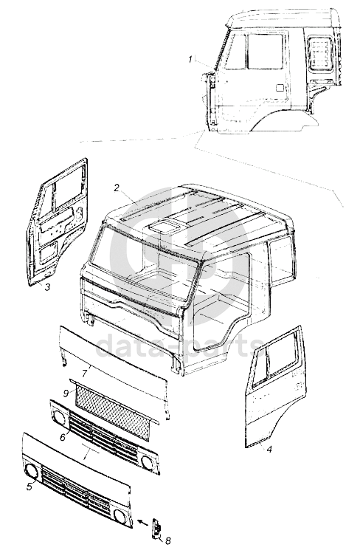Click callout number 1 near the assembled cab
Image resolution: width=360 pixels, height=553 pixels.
click(190, 60)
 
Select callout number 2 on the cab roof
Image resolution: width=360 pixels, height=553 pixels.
click(117, 188)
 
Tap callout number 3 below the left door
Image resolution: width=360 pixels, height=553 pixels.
click(47, 287)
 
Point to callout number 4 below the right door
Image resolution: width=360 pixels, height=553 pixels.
click(269, 450)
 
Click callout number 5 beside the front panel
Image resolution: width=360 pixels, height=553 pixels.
click(30, 487)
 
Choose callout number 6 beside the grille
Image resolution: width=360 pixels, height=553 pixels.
click(63, 437)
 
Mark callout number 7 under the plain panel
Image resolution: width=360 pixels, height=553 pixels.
click(85, 373)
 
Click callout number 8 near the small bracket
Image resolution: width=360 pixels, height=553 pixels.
click(167, 540)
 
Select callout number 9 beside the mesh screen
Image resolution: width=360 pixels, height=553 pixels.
click(66, 392)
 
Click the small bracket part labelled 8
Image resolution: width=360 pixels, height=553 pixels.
click(156, 529)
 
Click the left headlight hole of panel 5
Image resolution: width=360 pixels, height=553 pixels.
click(32, 472)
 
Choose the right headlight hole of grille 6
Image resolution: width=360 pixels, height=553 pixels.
click(146, 461)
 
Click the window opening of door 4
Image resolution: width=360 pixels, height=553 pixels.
click(281, 357)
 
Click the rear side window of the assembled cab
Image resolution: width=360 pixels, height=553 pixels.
click(321, 52)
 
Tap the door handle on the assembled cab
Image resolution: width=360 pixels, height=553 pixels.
click(280, 87)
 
